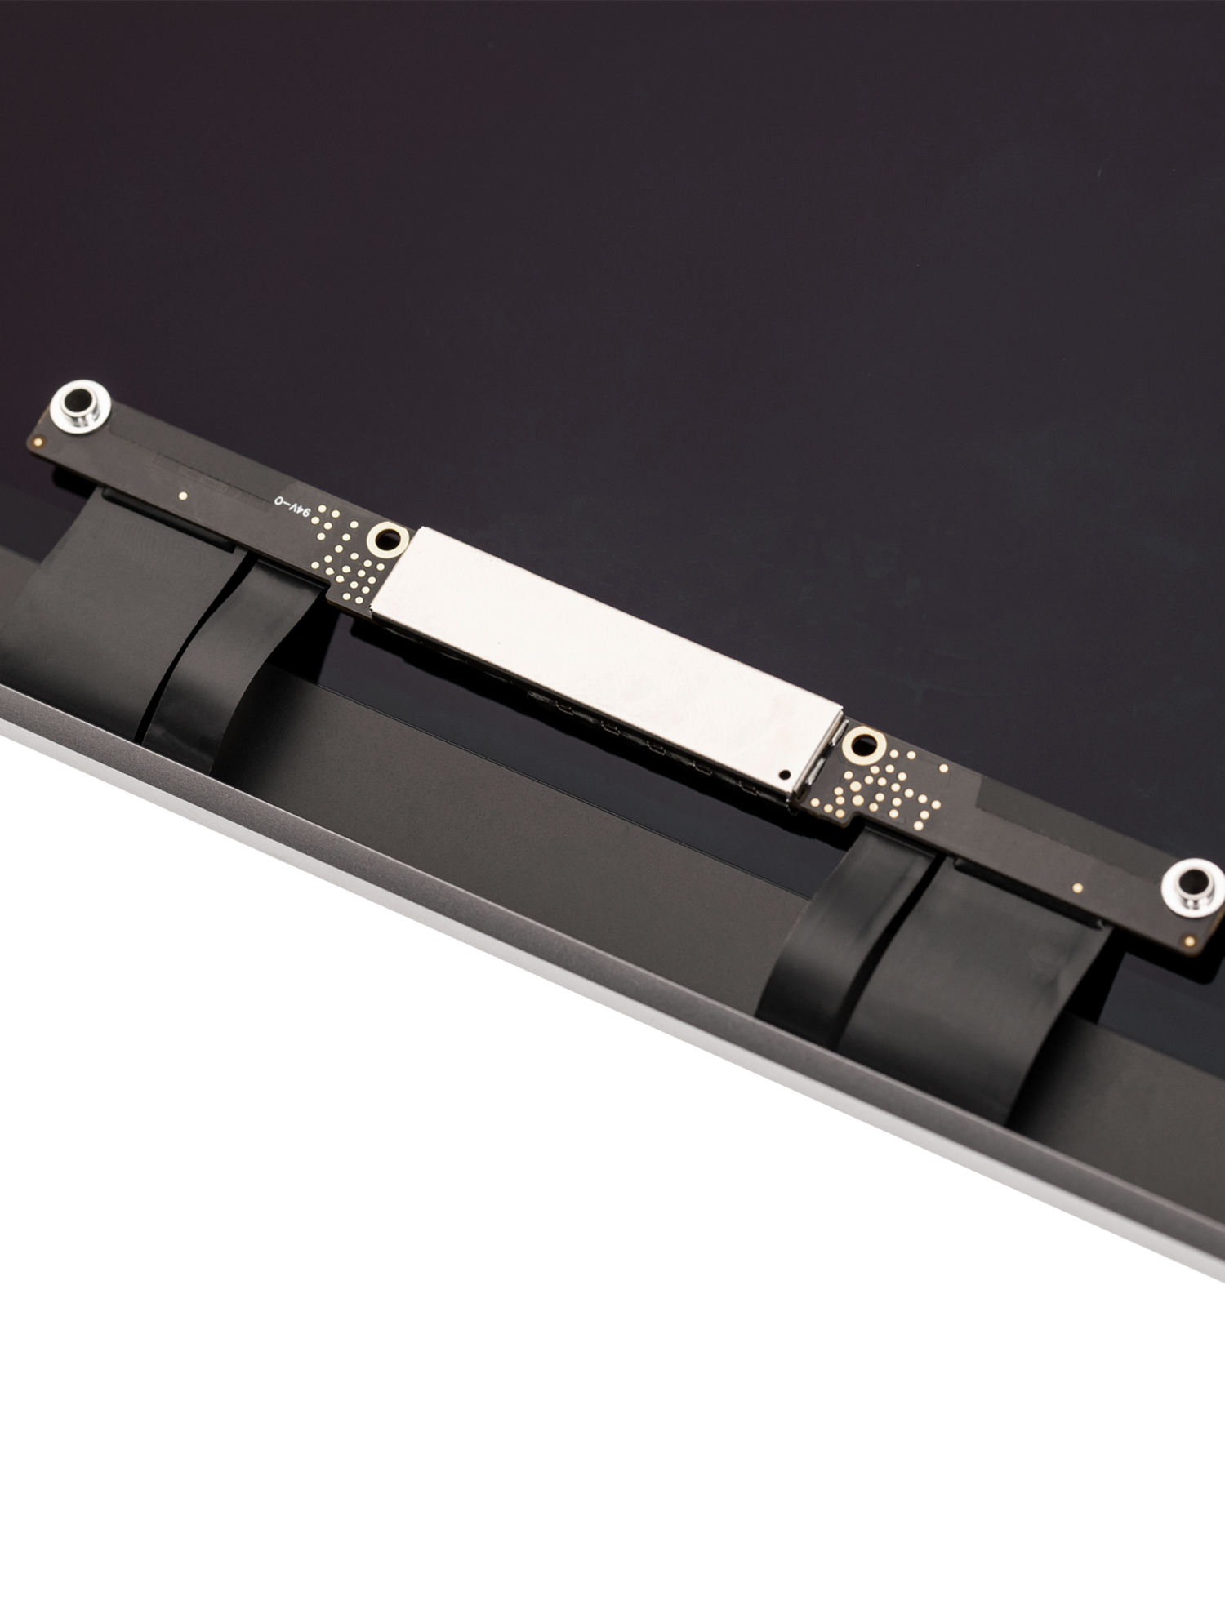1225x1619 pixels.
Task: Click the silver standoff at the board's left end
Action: [x=79, y=405]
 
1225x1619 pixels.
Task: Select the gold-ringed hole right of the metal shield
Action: [x=862, y=743]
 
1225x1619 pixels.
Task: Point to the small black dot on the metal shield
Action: [x=785, y=772]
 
